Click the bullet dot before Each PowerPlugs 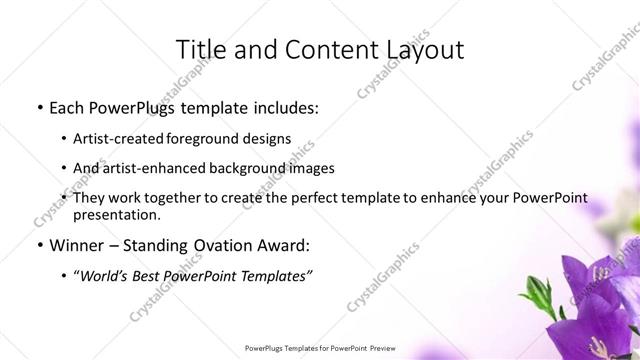39,107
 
